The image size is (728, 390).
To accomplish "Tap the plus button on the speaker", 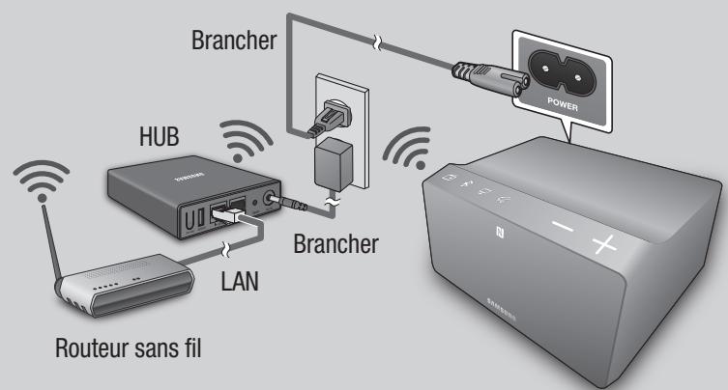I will (x=604, y=242).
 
